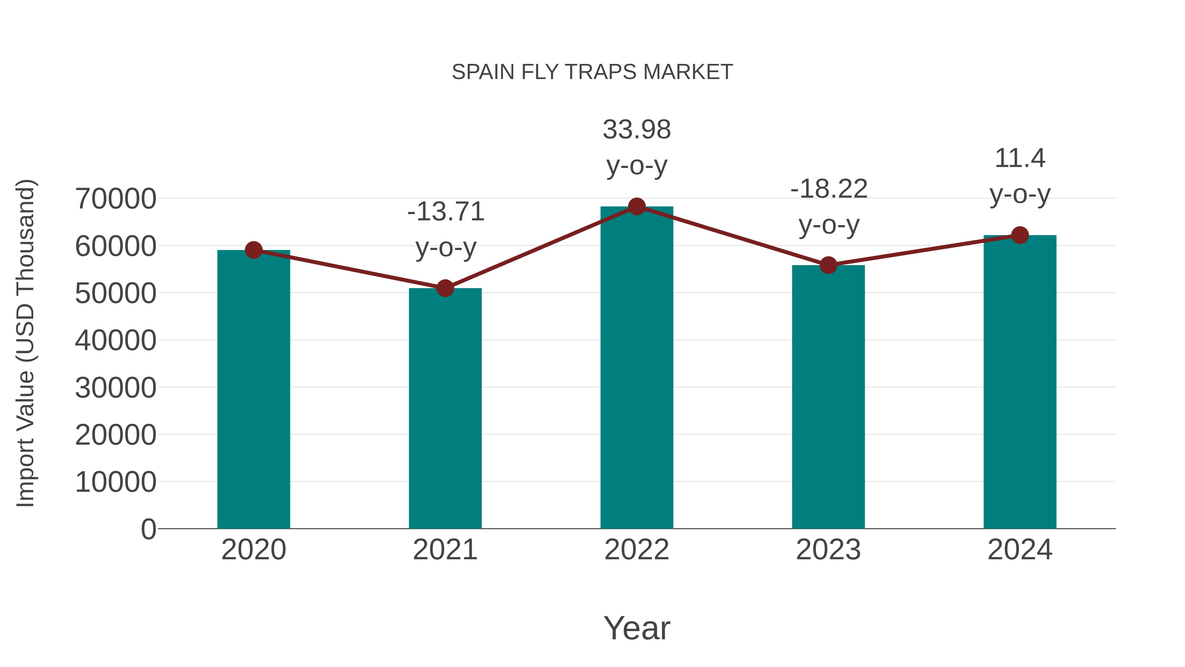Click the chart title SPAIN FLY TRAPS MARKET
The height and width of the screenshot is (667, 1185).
592,72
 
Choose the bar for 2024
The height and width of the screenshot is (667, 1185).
1020,382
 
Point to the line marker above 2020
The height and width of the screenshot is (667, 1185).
253,250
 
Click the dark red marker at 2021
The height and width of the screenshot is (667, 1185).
445,289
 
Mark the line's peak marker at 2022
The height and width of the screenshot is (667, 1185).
637,207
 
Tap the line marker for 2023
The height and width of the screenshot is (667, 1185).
828,265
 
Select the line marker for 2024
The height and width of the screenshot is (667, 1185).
1020,235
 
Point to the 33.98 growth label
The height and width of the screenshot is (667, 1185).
637,130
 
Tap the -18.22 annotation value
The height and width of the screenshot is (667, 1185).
829,189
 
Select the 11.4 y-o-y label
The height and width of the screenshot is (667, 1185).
1020,159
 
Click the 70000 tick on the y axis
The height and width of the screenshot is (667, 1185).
116,199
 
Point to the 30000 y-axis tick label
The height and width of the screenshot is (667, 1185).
116,388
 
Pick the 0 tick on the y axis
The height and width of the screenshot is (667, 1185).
148,529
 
